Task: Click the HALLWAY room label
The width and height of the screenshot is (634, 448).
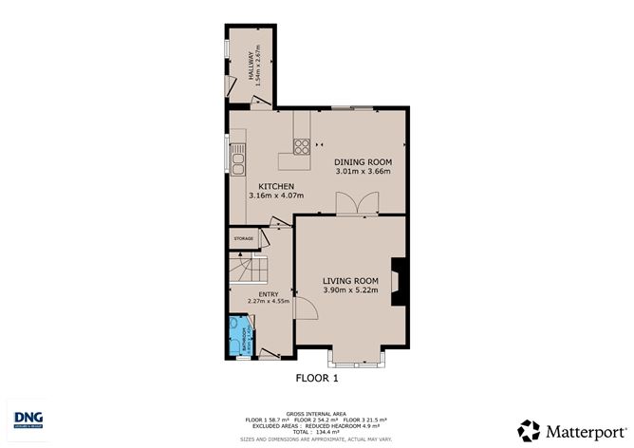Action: click(x=252, y=65)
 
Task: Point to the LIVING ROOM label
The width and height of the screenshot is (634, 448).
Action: click(x=350, y=280)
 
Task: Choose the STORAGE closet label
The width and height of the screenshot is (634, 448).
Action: click(x=244, y=238)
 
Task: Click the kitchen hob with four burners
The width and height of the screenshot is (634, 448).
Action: click(x=302, y=146)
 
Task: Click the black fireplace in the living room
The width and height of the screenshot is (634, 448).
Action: click(x=401, y=283)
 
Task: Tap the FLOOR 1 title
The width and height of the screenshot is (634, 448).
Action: click(x=318, y=379)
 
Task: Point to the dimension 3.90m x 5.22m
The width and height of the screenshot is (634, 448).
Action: click(x=350, y=290)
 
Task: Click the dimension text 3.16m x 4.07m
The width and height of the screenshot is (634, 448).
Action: click(x=275, y=196)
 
